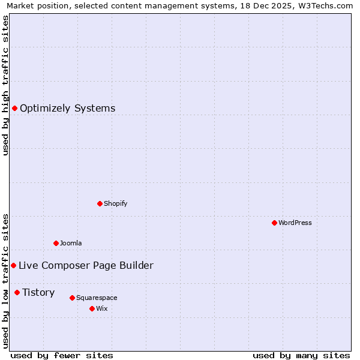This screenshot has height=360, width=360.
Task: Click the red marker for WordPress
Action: (274, 223)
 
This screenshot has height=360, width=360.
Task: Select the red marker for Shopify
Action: (100, 203)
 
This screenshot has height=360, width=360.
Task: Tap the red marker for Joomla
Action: (56, 243)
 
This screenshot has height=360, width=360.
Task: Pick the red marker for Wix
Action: (92, 308)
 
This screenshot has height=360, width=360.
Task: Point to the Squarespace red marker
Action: (72, 298)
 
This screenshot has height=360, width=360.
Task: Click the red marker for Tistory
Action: (17, 292)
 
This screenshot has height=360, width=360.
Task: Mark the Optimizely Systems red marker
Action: (14, 108)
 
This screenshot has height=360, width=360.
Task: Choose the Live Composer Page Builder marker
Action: (13, 265)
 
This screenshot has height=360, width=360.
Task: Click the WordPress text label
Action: (295, 223)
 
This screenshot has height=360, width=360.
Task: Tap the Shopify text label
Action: (116, 203)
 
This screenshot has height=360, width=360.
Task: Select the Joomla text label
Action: (71, 243)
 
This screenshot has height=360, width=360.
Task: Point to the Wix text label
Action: (102, 308)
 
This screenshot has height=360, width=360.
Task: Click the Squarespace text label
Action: (97, 298)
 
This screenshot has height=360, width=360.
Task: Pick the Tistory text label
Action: (38, 292)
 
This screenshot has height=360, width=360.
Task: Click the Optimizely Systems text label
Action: (67, 108)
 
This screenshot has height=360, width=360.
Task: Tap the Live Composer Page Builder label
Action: (86, 265)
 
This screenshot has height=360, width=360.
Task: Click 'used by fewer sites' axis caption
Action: (61, 355)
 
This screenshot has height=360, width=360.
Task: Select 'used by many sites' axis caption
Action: (301, 355)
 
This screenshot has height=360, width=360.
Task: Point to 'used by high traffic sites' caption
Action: (5, 85)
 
